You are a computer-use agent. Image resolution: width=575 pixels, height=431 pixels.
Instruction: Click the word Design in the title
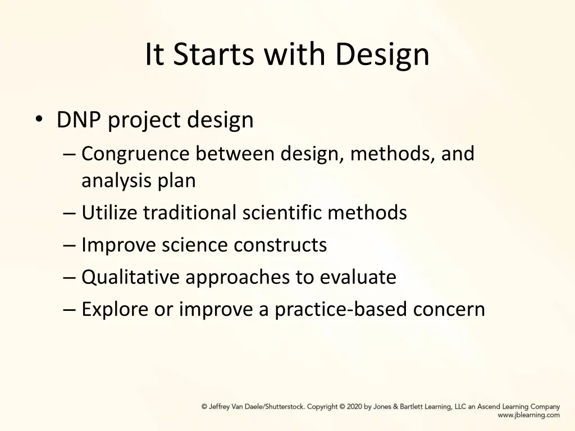coord(383,55)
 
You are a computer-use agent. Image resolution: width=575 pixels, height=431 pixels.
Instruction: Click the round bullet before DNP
coord(38,120)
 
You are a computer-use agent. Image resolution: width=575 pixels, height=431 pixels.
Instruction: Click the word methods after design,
coord(391,154)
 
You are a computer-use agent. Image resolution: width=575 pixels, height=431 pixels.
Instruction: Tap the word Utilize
coord(109,213)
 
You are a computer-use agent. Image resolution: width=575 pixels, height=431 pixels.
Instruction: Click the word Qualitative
coord(131,277)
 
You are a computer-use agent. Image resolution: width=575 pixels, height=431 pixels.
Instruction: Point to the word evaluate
coord(358,277)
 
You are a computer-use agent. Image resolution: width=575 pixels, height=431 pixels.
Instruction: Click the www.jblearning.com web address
coord(528,415)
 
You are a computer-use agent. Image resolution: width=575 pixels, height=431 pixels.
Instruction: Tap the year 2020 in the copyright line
coord(354,407)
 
